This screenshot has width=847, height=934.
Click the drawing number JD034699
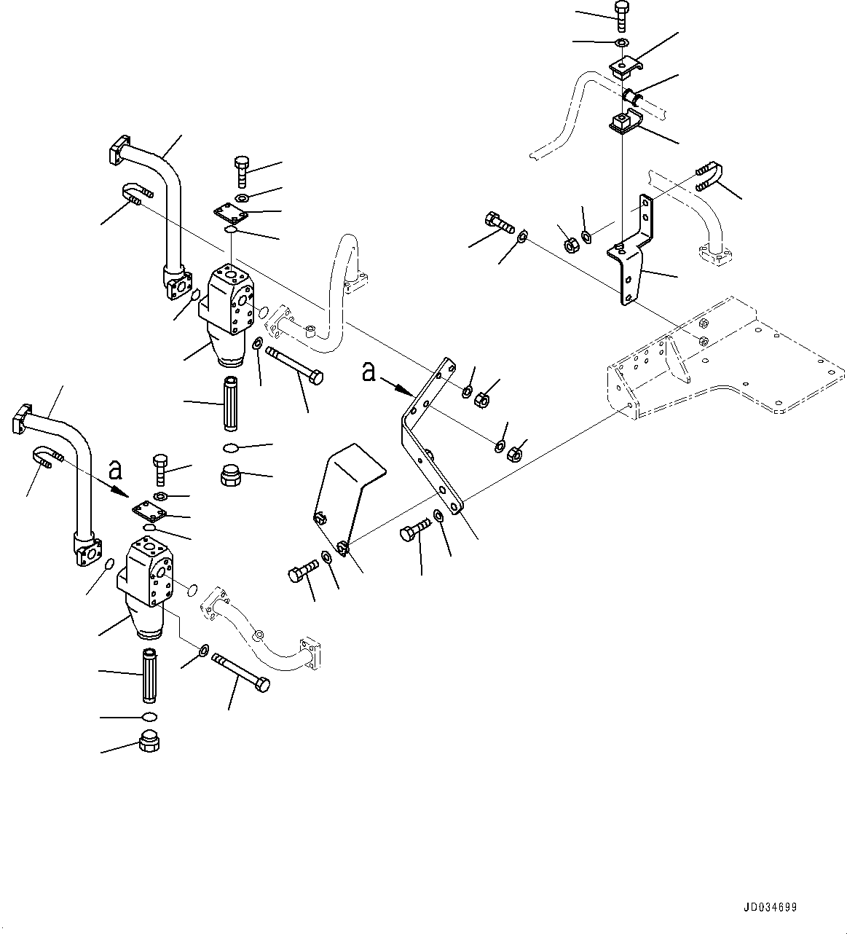[770, 908]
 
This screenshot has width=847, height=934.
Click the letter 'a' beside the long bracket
[369, 373]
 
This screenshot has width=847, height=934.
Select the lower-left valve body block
[149, 572]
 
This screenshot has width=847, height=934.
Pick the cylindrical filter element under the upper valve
[231, 404]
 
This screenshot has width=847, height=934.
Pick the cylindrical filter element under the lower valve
[149, 675]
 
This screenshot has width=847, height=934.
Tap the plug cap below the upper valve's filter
[231, 477]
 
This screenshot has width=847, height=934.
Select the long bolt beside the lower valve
[240, 670]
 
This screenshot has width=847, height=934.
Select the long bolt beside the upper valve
[295, 366]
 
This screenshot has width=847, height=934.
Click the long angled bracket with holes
[430, 437]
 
